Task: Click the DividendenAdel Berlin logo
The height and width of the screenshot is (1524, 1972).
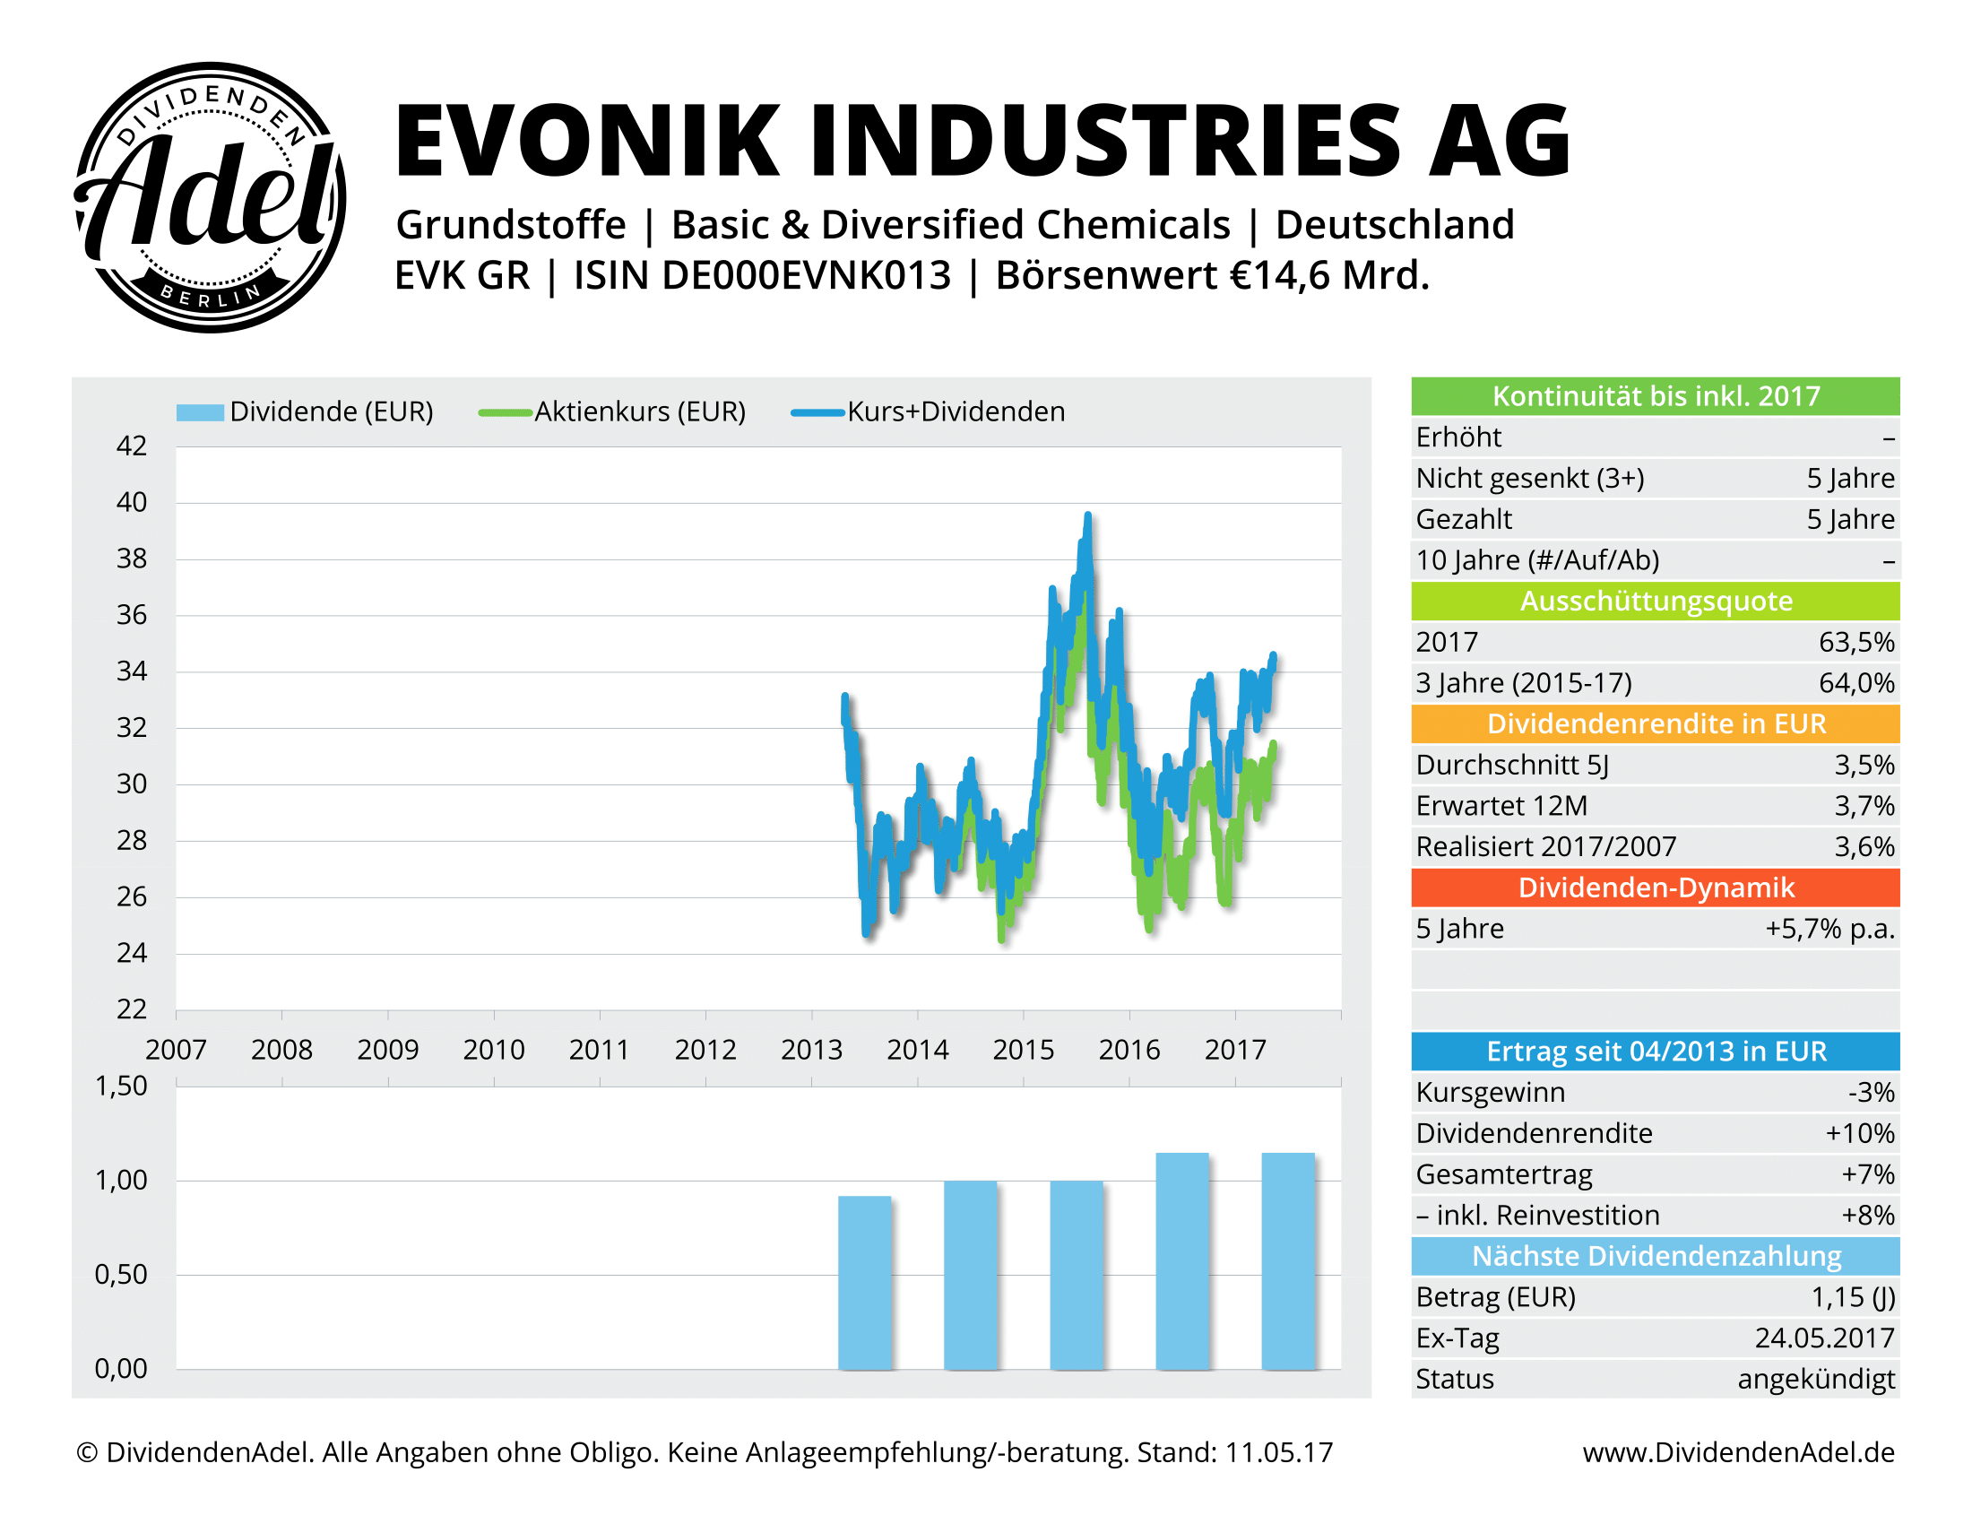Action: [210, 197]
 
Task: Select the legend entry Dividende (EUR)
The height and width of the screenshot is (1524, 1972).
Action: [305, 411]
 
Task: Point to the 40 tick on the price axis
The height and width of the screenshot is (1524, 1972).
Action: [132, 502]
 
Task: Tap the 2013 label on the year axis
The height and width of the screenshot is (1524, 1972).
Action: [811, 1049]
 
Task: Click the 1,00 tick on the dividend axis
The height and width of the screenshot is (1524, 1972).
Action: [121, 1180]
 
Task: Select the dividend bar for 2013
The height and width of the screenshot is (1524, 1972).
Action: [865, 1282]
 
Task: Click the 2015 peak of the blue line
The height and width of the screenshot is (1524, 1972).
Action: [1088, 516]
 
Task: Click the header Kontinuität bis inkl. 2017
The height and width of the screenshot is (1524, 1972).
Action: [1655, 396]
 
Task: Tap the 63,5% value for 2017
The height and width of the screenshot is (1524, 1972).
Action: [1855, 642]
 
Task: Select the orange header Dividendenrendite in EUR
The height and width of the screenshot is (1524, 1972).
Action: [1655, 724]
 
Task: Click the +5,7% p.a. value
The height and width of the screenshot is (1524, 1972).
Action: [1829, 929]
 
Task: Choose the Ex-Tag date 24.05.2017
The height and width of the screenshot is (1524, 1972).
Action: [1824, 1338]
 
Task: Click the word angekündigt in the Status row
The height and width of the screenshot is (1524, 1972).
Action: [1815, 1379]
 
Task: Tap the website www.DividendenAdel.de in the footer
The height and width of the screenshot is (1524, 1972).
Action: [1738, 1451]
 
